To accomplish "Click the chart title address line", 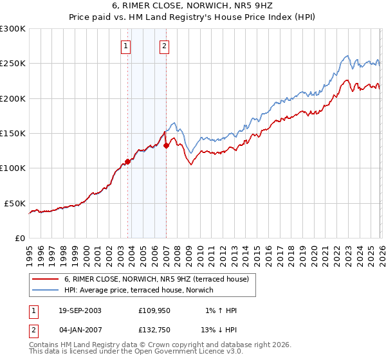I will click(192, 6).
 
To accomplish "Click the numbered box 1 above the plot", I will click(125, 46).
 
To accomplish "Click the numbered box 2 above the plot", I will click(165, 46).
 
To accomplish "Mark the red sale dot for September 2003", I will click(128, 161).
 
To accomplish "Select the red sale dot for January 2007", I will click(166, 145).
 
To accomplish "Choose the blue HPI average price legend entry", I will click(142, 291).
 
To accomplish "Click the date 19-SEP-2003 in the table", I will click(80, 310).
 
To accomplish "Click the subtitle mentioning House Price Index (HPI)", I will click(192, 17).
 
